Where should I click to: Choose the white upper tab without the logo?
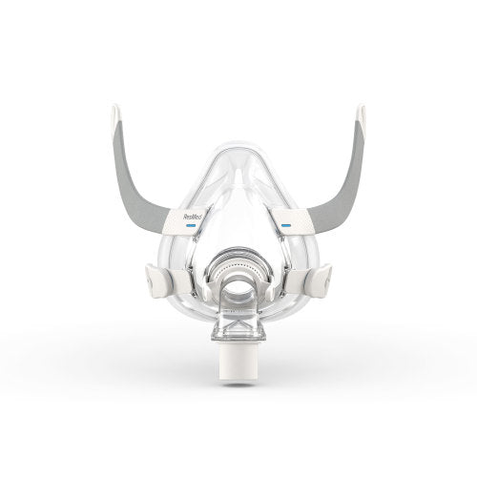(x=287, y=221)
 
